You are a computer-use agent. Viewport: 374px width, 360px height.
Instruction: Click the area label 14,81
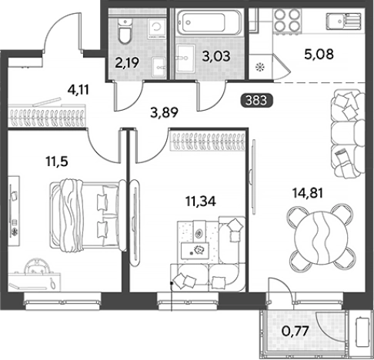pyautogui.click(x=308, y=193)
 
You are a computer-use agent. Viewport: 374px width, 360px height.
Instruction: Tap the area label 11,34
pyautogui.click(x=201, y=202)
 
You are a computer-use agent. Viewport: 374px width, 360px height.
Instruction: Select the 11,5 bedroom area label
pyautogui.click(x=57, y=162)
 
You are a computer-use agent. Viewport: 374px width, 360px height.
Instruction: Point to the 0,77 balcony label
pyautogui.click(x=295, y=331)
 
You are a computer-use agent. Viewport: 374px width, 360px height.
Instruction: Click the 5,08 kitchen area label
pyautogui.click(x=319, y=55)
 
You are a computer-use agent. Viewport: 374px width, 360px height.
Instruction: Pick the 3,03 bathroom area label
pyautogui.click(x=216, y=56)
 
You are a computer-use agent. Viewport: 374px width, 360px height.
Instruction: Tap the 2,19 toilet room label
pyautogui.click(x=127, y=63)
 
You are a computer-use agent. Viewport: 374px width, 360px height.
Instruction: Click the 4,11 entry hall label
pyautogui.click(x=78, y=90)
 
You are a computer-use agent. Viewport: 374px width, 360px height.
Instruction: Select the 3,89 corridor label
pyautogui.click(x=164, y=112)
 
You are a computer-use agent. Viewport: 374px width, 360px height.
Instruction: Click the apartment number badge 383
pyautogui.click(x=256, y=100)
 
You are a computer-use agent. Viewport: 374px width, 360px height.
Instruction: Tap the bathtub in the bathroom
pyautogui.click(x=209, y=23)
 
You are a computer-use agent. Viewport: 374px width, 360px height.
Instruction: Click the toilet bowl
pyautogui.click(x=125, y=31)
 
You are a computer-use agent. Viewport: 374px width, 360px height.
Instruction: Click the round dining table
pyautogui.click(x=321, y=238)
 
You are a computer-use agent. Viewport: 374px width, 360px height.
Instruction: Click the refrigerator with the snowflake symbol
pyautogui.click(x=260, y=67)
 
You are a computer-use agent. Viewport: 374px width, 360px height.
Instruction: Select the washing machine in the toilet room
pyautogui.click(x=156, y=28)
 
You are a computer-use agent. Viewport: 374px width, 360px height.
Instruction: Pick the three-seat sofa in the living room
pyautogui.click(x=348, y=133)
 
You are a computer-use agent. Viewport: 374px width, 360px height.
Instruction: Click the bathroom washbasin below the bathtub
pyautogui.click(x=185, y=58)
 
